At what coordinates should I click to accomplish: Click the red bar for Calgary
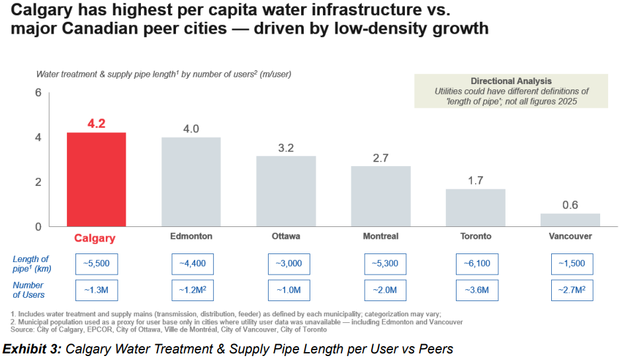(x=96, y=179)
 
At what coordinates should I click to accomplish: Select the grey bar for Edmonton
(x=191, y=182)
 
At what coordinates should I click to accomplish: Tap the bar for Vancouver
(x=570, y=220)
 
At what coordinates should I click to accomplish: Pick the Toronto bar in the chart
(x=475, y=208)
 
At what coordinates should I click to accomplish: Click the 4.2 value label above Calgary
(x=97, y=123)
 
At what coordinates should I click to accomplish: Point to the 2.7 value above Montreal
(x=380, y=158)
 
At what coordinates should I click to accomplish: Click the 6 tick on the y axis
(x=38, y=93)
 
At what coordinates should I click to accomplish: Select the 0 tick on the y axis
(x=38, y=226)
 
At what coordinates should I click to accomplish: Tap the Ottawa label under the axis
(x=286, y=236)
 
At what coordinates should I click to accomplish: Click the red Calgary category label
(x=95, y=238)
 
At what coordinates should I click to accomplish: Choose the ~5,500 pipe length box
(x=97, y=263)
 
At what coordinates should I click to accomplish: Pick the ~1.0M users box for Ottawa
(x=288, y=290)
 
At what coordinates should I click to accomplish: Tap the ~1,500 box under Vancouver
(x=572, y=263)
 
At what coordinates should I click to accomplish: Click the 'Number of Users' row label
(x=29, y=290)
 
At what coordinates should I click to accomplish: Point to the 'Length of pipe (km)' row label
(x=31, y=263)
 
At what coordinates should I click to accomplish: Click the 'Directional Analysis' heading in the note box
(x=511, y=81)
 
